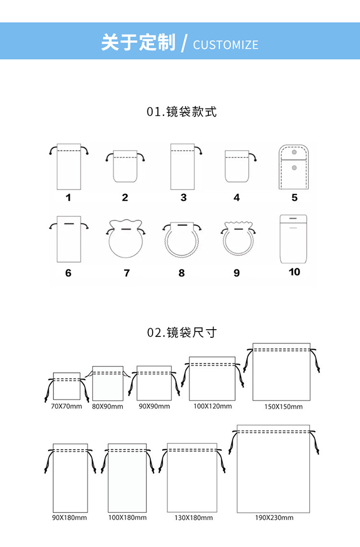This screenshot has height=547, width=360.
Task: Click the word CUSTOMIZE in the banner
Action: tap(226, 45)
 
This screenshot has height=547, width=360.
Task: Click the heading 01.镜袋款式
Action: tap(182, 112)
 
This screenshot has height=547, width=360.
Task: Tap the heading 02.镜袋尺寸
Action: tap(182, 332)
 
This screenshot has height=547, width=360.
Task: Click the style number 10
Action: tap(294, 272)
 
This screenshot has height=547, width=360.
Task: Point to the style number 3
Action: tap(183, 198)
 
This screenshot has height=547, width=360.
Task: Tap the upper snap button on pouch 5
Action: tap(294, 153)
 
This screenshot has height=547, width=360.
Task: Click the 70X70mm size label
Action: tap(66, 406)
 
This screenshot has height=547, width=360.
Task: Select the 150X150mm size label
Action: tap(283, 407)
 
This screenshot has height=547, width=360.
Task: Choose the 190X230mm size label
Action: tap(274, 518)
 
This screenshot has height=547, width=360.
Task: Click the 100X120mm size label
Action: tap(213, 406)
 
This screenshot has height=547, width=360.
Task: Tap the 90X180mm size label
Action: tap(70, 518)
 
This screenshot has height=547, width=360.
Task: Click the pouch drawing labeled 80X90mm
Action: tap(108, 383)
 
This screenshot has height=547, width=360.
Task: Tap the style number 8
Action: tap(181, 273)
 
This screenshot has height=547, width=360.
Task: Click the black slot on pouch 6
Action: tap(69, 224)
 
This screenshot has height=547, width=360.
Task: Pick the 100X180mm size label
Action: tap(127, 518)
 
